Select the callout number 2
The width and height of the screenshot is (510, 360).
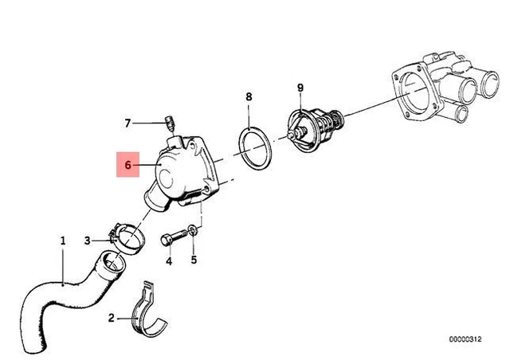point(112,319)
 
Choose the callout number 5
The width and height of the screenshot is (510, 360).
point(193,260)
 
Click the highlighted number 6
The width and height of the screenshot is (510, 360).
point(126,166)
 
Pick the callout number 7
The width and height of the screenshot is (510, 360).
point(127,123)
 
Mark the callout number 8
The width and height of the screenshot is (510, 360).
point(248,96)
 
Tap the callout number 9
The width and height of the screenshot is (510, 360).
point(300,87)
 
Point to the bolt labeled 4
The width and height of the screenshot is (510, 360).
point(171,238)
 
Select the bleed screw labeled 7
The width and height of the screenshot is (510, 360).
point(167,123)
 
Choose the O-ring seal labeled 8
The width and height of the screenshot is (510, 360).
point(255,149)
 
